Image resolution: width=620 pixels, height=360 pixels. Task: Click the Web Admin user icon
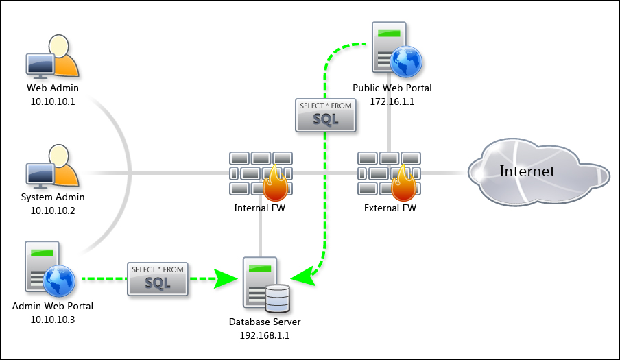(53, 57)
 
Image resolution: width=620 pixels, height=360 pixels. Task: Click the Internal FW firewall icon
(261, 175)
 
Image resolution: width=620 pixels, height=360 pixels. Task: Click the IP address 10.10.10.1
(53, 101)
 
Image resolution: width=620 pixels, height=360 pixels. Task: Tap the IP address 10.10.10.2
(53, 211)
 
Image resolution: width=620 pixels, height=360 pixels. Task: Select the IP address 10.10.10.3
(53, 319)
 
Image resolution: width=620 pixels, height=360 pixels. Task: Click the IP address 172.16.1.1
(392, 101)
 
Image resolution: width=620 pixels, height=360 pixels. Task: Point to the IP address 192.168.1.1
(264, 335)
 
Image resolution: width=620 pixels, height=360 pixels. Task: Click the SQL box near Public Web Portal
(326, 115)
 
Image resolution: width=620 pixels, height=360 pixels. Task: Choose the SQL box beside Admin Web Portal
(158, 278)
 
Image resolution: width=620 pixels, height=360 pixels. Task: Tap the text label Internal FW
(260, 207)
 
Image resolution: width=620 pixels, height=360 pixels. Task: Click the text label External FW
(390, 207)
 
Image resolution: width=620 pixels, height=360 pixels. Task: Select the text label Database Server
(264, 322)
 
